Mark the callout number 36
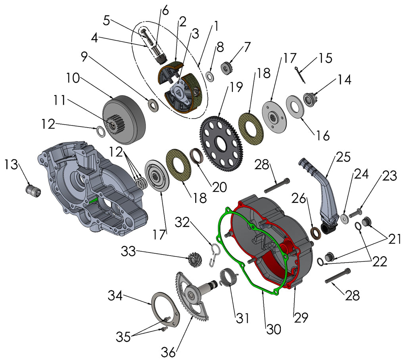tap(168, 351)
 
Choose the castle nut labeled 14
tap(310, 98)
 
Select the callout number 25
tap(344, 157)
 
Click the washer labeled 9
tap(153, 105)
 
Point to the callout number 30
tap(273, 328)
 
